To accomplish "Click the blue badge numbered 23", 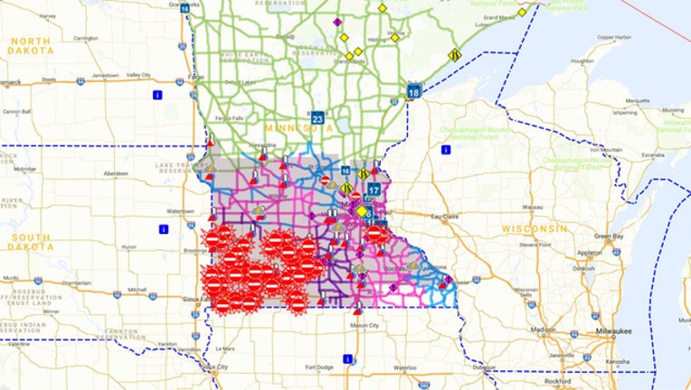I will tap(317, 117).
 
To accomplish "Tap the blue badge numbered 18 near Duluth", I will tap(413, 92).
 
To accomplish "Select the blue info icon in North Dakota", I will tap(157, 93).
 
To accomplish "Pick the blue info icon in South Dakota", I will tap(163, 228).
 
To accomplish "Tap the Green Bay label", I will tap(611, 236).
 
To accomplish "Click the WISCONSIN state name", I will tap(539, 227).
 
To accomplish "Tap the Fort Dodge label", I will tap(319, 367).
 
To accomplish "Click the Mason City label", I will tap(364, 325).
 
